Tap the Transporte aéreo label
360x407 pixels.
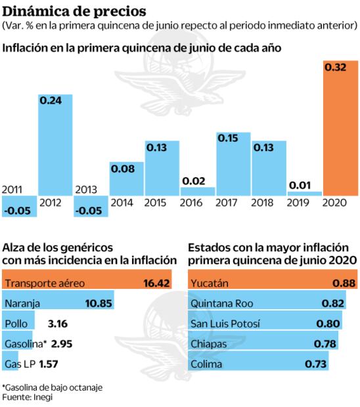(x=45, y=284)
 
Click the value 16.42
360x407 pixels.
(x=157, y=284)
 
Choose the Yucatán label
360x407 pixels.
(x=209, y=284)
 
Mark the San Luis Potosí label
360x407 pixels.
(x=228, y=324)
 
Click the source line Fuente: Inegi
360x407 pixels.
(x=28, y=397)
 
